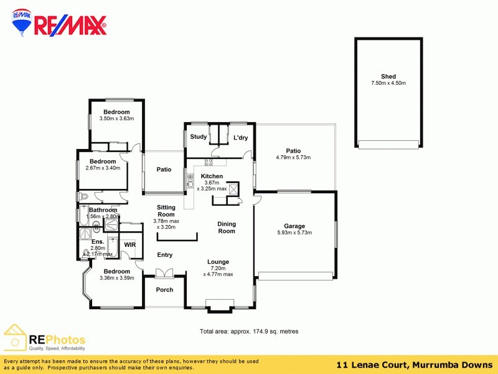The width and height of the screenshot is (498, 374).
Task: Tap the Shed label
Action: (388, 77)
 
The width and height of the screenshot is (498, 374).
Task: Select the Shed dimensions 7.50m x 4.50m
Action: (388, 84)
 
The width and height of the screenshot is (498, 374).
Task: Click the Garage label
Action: (294, 226)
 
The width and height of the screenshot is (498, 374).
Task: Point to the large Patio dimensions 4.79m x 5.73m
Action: (293, 158)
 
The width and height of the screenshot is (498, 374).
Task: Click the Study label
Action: (199, 137)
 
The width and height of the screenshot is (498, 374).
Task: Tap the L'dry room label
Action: (241, 138)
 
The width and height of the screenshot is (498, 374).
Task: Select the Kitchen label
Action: (212, 176)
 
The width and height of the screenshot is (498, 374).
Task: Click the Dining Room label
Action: (227, 228)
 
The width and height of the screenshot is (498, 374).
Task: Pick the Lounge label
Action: (218, 262)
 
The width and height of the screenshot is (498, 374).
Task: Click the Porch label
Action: (164, 290)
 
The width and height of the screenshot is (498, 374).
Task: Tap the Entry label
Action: (165, 255)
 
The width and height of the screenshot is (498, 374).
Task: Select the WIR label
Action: (129, 245)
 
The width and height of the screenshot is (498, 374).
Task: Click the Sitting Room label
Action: (166, 211)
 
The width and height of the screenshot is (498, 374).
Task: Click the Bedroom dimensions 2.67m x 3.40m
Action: (102, 168)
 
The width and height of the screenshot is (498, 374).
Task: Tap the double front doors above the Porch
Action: (164, 272)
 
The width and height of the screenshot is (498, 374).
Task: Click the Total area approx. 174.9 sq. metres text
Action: (248, 332)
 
